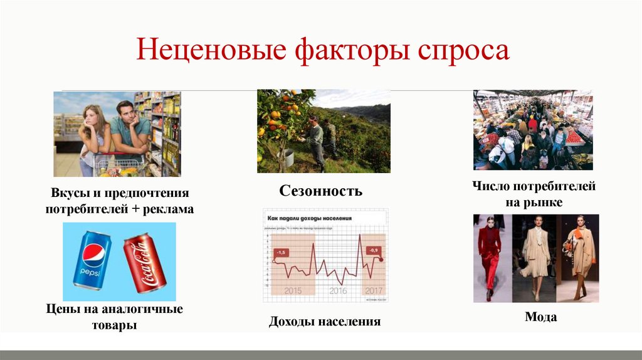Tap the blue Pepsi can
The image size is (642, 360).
tap(92, 260)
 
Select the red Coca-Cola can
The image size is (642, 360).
tap(144, 263)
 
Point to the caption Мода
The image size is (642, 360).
tap(540, 317)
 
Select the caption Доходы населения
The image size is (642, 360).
tap(325, 322)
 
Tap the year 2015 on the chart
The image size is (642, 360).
tap(293, 290)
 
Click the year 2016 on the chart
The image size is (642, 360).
tap(338, 290)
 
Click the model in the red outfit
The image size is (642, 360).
tap(490, 254)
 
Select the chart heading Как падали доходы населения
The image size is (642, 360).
tap(308, 218)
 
